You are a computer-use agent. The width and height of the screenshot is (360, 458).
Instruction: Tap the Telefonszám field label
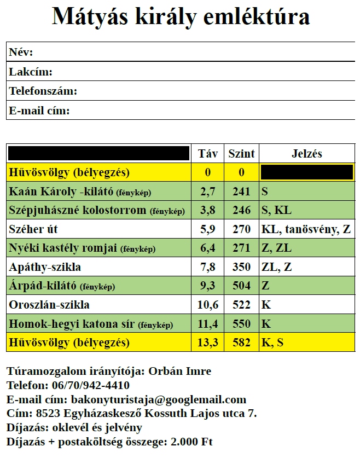[x=43, y=91]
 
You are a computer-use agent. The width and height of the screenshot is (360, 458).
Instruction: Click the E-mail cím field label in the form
[x=39, y=111]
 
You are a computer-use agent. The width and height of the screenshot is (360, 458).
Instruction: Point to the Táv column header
[x=208, y=154]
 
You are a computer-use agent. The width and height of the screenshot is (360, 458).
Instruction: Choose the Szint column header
[x=241, y=154]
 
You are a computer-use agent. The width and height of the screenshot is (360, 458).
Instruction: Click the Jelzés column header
[x=307, y=154]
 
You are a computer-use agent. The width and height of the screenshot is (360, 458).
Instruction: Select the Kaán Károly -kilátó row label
[x=61, y=192]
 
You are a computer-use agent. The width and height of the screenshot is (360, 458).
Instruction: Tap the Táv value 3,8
[x=208, y=211]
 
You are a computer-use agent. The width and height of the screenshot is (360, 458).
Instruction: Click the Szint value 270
[x=241, y=229]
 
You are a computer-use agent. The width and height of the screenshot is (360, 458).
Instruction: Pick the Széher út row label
[x=34, y=229]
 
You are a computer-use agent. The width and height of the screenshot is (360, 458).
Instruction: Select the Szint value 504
[x=241, y=286]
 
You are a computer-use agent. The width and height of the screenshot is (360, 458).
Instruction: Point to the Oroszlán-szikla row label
[x=49, y=305]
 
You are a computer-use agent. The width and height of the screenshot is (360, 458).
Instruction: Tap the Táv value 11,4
[x=208, y=324]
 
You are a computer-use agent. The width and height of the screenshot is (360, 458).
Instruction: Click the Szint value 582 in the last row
[x=241, y=343]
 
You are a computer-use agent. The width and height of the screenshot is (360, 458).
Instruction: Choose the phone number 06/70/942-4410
[x=91, y=385]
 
